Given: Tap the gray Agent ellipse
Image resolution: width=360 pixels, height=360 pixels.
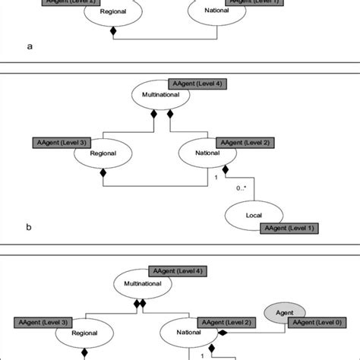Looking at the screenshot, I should click(x=285, y=311).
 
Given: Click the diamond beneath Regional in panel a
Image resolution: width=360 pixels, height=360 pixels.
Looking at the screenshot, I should click(x=113, y=31).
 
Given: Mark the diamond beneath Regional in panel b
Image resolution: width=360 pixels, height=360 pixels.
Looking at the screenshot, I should click(x=103, y=172).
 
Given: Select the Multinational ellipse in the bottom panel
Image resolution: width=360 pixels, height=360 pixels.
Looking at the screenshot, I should click(x=140, y=286).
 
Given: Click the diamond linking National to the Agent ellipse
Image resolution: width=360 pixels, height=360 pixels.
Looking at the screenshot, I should click(x=223, y=332).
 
